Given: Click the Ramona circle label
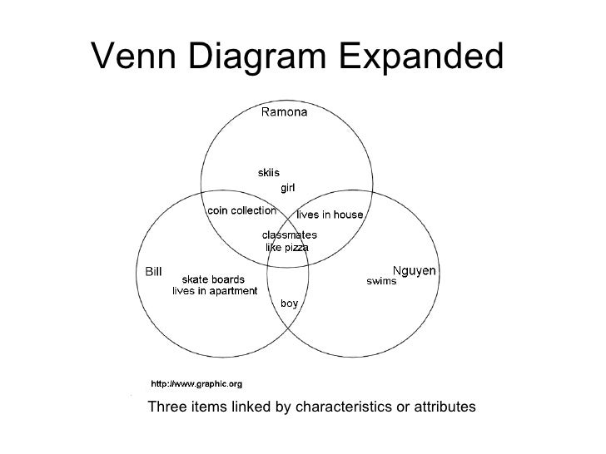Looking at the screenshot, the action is (284, 112).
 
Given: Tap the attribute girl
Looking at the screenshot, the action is (287, 187).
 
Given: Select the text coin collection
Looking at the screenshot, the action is (241, 210).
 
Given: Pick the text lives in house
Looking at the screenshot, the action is (330, 215).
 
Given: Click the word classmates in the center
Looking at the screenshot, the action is (290, 235).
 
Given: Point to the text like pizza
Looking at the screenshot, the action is (287, 247).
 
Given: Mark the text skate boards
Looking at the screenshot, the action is (213, 279).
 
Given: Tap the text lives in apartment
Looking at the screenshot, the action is (215, 290).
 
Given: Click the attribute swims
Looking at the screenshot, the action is (382, 281).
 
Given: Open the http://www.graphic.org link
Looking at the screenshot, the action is (196, 384).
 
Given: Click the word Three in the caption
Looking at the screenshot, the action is (166, 407).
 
